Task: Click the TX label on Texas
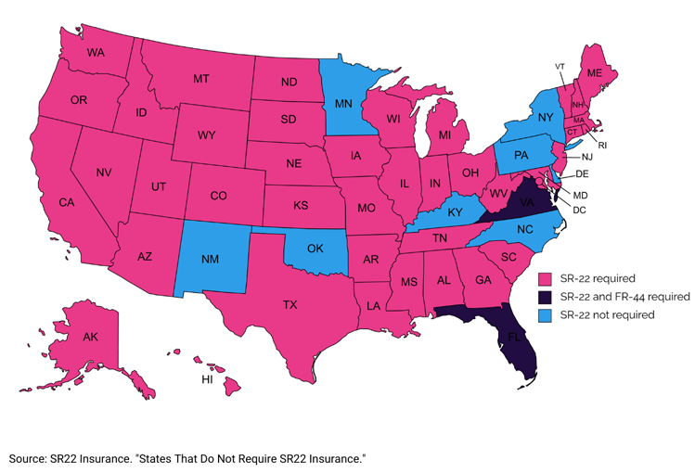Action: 290,304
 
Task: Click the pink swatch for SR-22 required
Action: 547,278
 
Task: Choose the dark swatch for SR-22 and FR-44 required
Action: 547,297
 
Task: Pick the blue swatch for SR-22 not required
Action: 547,315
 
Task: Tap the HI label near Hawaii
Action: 208,380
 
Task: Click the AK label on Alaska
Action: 66,338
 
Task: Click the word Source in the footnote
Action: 29,459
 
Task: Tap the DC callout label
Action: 579,211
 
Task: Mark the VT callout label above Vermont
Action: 560,66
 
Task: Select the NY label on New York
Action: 545,119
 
